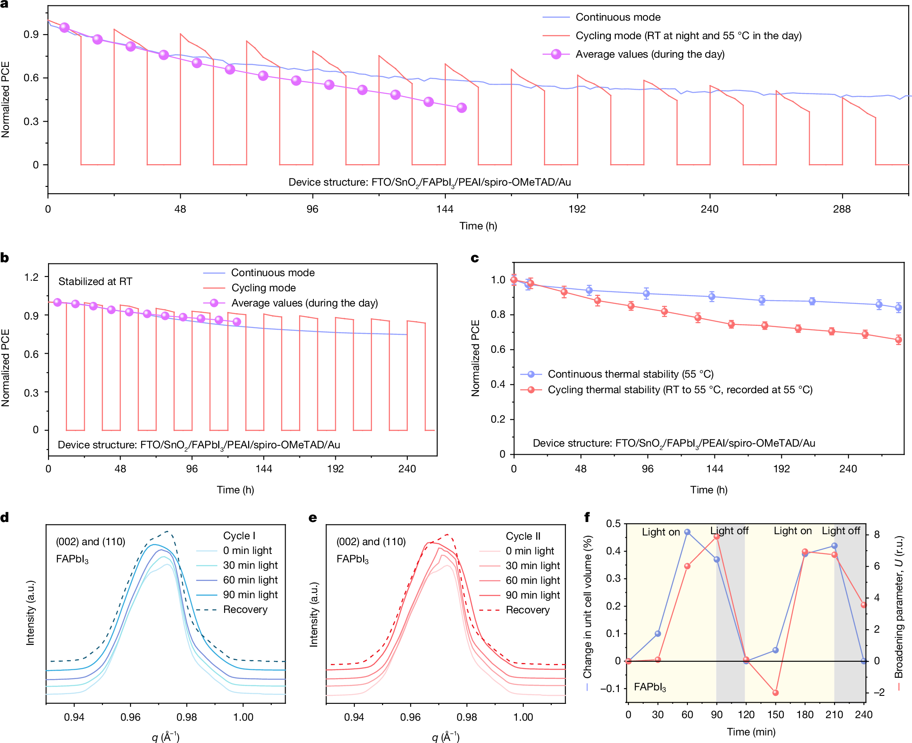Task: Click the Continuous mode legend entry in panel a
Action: pos(618,17)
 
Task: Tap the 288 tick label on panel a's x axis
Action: pos(842,209)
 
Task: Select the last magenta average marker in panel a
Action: pos(462,108)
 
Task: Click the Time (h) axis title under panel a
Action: pos(478,226)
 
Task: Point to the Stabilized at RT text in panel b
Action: pos(95,282)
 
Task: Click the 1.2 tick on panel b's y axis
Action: pos(31,277)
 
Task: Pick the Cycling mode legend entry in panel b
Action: pos(263,288)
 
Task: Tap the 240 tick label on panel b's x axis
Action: pos(407,469)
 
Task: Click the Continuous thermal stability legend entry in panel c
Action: pos(630,375)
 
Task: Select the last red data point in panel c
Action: pos(898,340)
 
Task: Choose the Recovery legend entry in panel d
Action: pos(245,610)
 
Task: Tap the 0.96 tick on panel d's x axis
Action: pos(130,717)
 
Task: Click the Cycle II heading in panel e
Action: pos(523,536)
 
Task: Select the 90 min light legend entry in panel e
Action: pos(532,595)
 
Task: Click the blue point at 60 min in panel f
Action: pos(687,532)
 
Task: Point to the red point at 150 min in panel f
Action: pos(776,692)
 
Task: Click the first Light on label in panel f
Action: pos(660,532)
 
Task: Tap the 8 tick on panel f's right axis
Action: pos(877,535)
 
